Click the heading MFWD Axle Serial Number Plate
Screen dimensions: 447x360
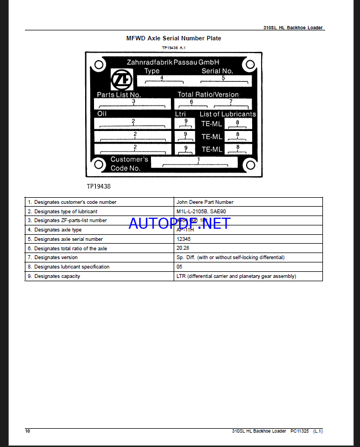[174, 38]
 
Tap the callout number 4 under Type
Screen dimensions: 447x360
[161, 78]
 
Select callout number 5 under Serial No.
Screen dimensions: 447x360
[223, 78]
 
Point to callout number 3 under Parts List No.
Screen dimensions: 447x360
[133, 101]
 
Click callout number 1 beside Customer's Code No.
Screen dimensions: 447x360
[198, 160]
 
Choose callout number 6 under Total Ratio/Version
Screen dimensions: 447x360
[191, 101]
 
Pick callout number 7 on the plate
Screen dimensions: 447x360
[231, 101]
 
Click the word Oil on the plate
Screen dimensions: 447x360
[102, 114]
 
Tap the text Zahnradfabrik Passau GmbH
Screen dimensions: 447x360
[173, 62]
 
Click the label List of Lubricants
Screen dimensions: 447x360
[227, 114]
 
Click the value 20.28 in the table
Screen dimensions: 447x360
[182, 248]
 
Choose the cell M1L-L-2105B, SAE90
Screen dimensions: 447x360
[201, 212]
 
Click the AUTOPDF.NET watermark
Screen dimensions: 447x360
[179, 223]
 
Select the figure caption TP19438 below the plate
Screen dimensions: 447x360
[98, 187]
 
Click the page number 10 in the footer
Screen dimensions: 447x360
[28, 430]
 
